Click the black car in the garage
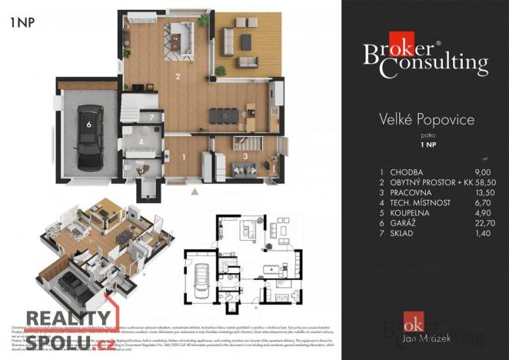coord(90,137)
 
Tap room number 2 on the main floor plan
coord(178,76)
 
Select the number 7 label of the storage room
coord(153,117)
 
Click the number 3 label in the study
coord(245,156)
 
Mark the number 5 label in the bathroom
coord(141,170)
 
